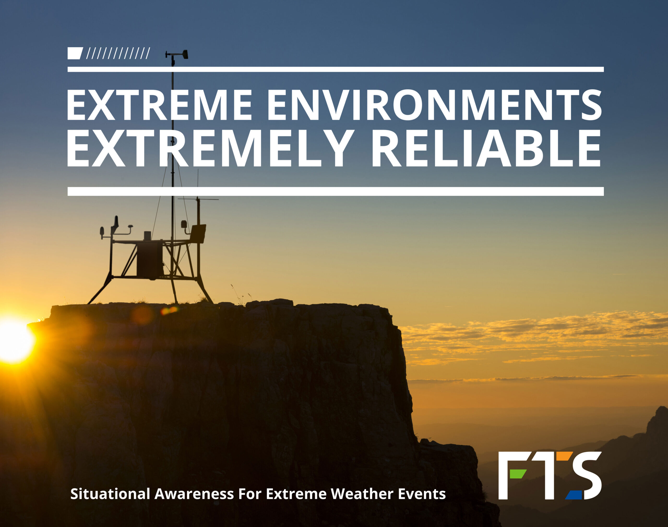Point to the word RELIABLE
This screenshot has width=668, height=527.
pyautogui.click(x=486, y=148)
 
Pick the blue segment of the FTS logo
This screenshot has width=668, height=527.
pyautogui.click(x=574, y=495)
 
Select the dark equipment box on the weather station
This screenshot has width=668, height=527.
pyautogui.click(x=150, y=260)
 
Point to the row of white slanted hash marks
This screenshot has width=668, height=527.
pyautogui.click(x=118, y=53)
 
